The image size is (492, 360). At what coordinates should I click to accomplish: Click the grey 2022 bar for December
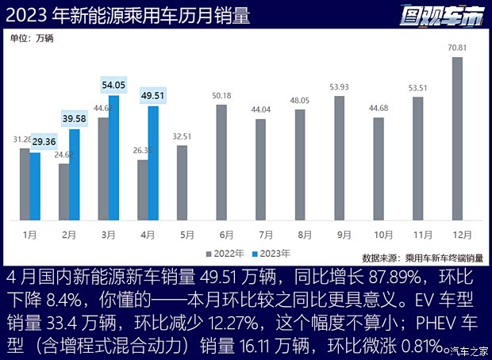click(x=457, y=139)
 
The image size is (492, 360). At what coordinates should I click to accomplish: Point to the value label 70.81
click(x=457, y=48)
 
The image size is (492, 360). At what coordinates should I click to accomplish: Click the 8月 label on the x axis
click(x=300, y=235)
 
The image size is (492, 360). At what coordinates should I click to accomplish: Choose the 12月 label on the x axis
click(x=457, y=235)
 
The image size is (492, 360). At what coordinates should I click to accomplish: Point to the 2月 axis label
click(x=69, y=235)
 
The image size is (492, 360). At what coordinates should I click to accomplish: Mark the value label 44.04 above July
click(x=260, y=110)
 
